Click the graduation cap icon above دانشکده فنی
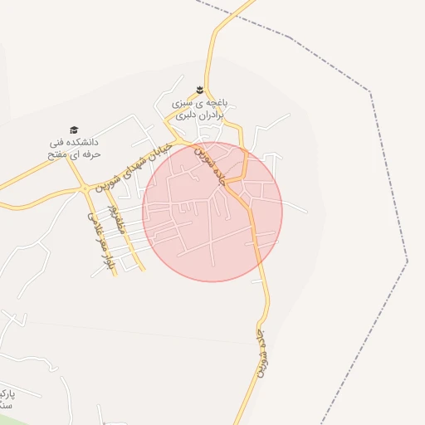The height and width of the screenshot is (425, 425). pyautogui.click(x=74, y=129)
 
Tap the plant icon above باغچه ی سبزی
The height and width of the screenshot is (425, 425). pyautogui.click(x=199, y=90)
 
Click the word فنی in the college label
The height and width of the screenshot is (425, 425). pyautogui.click(x=56, y=143)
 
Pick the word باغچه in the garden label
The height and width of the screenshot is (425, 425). pyautogui.click(x=216, y=104)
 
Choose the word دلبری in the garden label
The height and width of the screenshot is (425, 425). pyautogui.click(x=187, y=115)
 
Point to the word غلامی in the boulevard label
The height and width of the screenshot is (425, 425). pyautogui.click(x=91, y=221)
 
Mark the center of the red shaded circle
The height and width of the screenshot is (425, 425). pyautogui.click(x=212, y=212)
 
